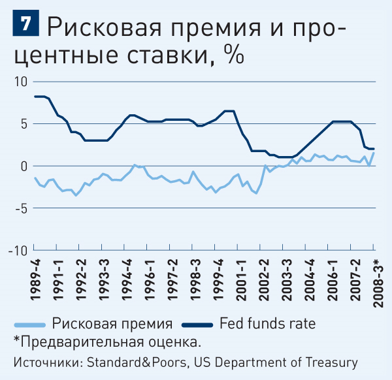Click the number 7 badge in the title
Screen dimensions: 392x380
[25, 23]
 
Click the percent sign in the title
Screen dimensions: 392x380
[234, 54]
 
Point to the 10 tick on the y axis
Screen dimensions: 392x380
[21, 82]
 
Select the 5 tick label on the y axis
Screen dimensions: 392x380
[24, 124]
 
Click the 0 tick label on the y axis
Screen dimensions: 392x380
[24, 166]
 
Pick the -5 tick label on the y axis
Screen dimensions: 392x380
[21, 208]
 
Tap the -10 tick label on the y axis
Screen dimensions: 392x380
[18, 250]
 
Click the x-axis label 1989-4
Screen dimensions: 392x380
[35, 280]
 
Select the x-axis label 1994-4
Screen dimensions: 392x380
[127, 280]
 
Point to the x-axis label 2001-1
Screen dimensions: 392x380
[241, 280]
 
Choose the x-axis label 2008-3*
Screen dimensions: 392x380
[378, 283]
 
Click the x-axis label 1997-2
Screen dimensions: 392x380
[172, 280]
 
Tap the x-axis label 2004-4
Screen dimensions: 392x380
[310, 280]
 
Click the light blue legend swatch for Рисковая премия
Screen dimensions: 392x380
[30, 325]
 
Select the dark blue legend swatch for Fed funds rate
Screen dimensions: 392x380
[197, 325]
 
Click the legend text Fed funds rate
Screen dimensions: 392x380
[267, 324]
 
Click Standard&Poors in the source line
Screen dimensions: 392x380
[137, 362]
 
